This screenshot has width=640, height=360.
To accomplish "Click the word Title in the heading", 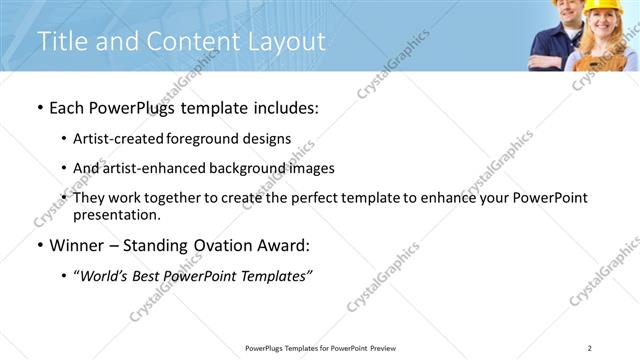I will [x=60, y=42].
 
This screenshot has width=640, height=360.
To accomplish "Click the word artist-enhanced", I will [x=146, y=168].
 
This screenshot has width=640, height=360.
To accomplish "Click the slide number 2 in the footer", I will [x=589, y=348].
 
